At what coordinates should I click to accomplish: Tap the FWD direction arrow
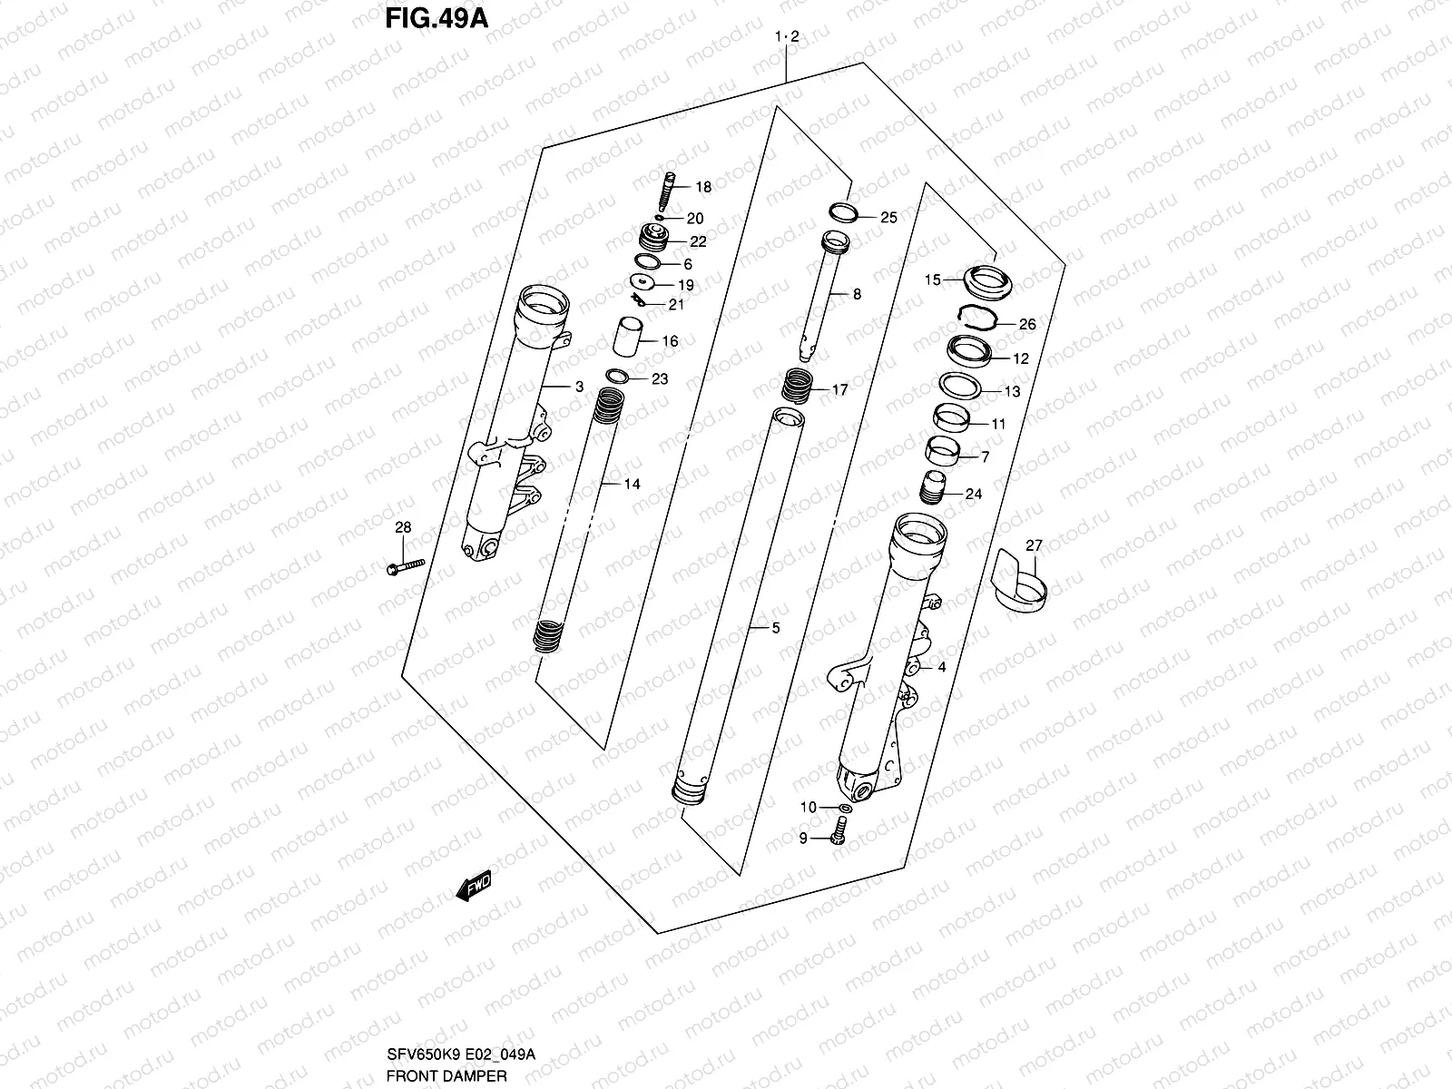tap(474, 886)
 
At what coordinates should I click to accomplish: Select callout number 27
tap(1034, 545)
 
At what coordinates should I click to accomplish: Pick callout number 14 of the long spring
tap(632, 484)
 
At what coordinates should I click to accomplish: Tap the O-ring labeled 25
tap(843, 212)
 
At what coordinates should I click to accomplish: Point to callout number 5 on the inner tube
tap(775, 627)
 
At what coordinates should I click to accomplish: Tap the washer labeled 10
tap(845, 807)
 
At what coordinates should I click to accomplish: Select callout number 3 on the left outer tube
tap(578, 387)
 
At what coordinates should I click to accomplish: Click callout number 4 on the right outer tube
tap(941, 666)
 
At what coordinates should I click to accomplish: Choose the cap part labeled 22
tap(652, 241)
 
